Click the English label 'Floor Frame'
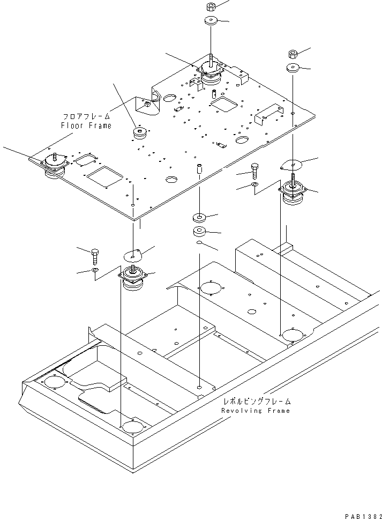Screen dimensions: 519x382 point(86,125)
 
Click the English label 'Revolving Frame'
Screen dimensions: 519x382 point(255,411)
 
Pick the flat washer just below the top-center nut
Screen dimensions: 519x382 point(210,21)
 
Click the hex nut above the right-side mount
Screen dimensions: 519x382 point(293,54)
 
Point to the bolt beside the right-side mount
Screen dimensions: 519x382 point(254,169)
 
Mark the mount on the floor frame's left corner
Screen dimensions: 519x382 point(54,163)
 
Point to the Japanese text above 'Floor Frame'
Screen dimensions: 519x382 point(87,116)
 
